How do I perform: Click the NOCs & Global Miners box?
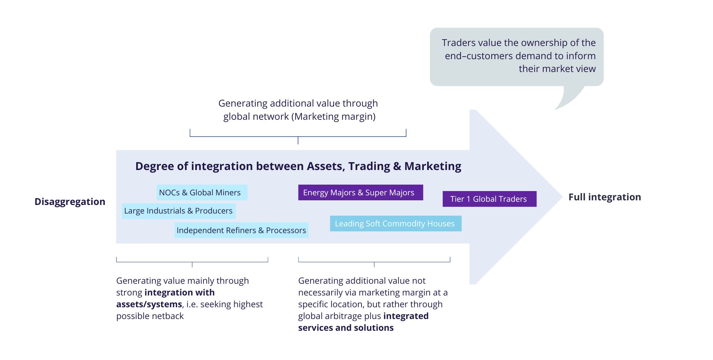(202, 192)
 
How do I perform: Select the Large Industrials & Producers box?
(178, 211)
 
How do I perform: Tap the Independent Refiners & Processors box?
(241, 230)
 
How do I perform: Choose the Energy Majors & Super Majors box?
(360, 192)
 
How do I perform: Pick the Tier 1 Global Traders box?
(489, 199)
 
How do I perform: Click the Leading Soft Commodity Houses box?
(395, 223)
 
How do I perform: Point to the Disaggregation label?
(70, 202)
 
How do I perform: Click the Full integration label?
(605, 197)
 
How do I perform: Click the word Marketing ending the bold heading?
(432, 166)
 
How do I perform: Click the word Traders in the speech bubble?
(458, 43)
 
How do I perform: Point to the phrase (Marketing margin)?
(333, 117)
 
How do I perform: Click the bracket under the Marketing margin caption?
(298, 136)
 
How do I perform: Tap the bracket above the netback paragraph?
(192, 262)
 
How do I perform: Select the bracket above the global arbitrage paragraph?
(374, 262)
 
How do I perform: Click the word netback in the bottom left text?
(168, 316)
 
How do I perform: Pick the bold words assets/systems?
(149, 304)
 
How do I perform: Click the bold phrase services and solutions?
(346, 328)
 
